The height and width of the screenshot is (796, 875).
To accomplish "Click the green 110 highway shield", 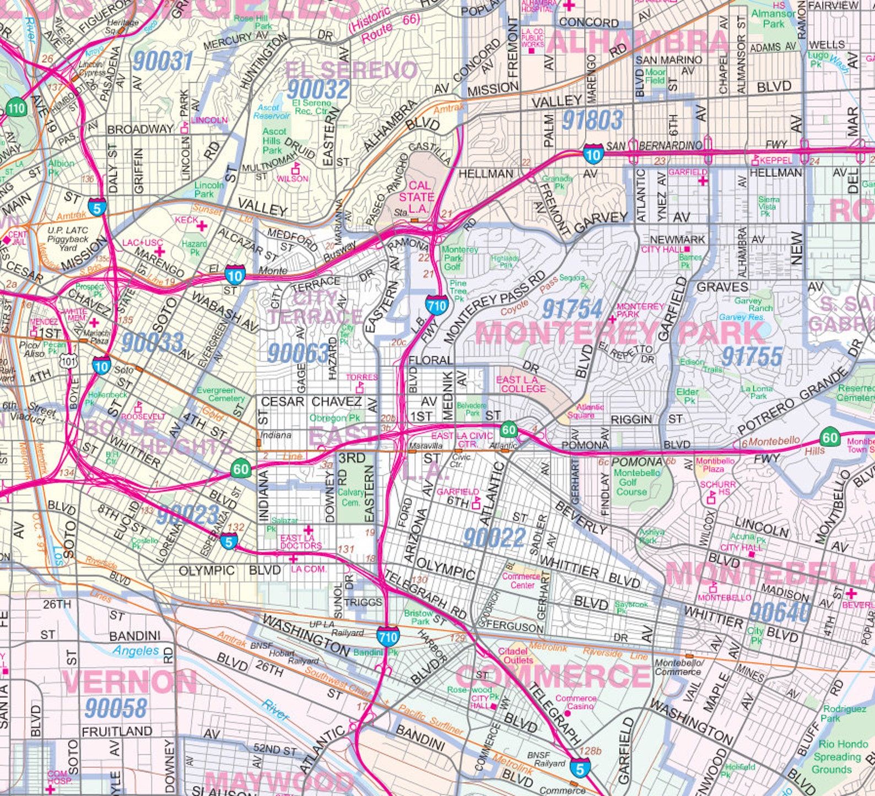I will pyautogui.click(x=16, y=108).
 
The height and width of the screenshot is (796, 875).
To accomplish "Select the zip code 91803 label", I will pyautogui.click(x=592, y=120).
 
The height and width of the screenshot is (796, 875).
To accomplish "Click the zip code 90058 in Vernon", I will pyautogui.click(x=116, y=708).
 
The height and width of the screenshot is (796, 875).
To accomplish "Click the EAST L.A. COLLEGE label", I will pyautogui.click(x=521, y=384).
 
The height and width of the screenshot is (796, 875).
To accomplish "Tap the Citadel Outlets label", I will pyautogui.click(x=518, y=656).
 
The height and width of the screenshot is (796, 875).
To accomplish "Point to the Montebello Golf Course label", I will pyautogui.click(x=636, y=482).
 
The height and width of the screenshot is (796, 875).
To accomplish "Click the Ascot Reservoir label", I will pyautogui.click(x=272, y=112).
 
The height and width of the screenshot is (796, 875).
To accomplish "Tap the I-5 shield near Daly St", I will pyautogui.click(x=98, y=207).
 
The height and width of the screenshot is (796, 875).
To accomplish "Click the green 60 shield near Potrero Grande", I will pyautogui.click(x=829, y=438).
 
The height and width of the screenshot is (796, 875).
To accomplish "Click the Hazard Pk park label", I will pyautogui.click(x=194, y=248).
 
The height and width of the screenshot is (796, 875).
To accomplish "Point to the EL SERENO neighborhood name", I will pyautogui.click(x=352, y=70).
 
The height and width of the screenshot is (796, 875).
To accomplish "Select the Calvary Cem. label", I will pyautogui.click(x=350, y=497).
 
